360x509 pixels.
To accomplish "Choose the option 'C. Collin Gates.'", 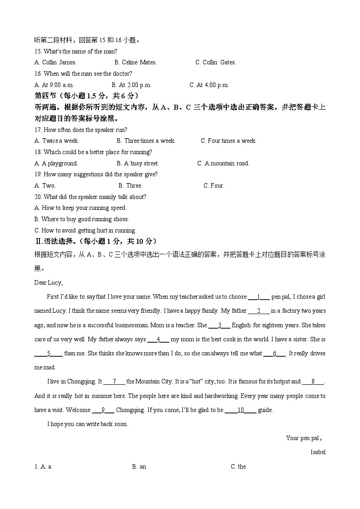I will [x=215, y=63].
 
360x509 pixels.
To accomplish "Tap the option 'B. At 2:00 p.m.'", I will [x=131, y=85].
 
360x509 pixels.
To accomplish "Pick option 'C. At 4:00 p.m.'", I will [x=209, y=85].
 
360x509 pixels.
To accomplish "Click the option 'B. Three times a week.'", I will [x=146, y=141].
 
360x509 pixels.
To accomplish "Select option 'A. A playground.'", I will [x=56, y=163].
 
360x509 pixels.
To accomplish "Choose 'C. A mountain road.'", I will [x=223, y=163].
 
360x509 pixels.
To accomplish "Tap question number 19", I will [x=38, y=175].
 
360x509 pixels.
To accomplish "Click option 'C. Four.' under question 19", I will [x=214, y=185].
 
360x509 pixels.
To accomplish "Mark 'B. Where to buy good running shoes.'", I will [x=82, y=219].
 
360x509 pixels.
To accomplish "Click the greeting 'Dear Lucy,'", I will [x=49, y=283].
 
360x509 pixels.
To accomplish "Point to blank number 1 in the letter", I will [x=259, y=297].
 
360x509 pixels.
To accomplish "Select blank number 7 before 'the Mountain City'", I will [x=115, y=382].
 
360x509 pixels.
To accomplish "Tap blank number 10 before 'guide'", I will [x=241, y=410].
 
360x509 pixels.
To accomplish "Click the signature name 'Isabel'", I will [x=318, y=452].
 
